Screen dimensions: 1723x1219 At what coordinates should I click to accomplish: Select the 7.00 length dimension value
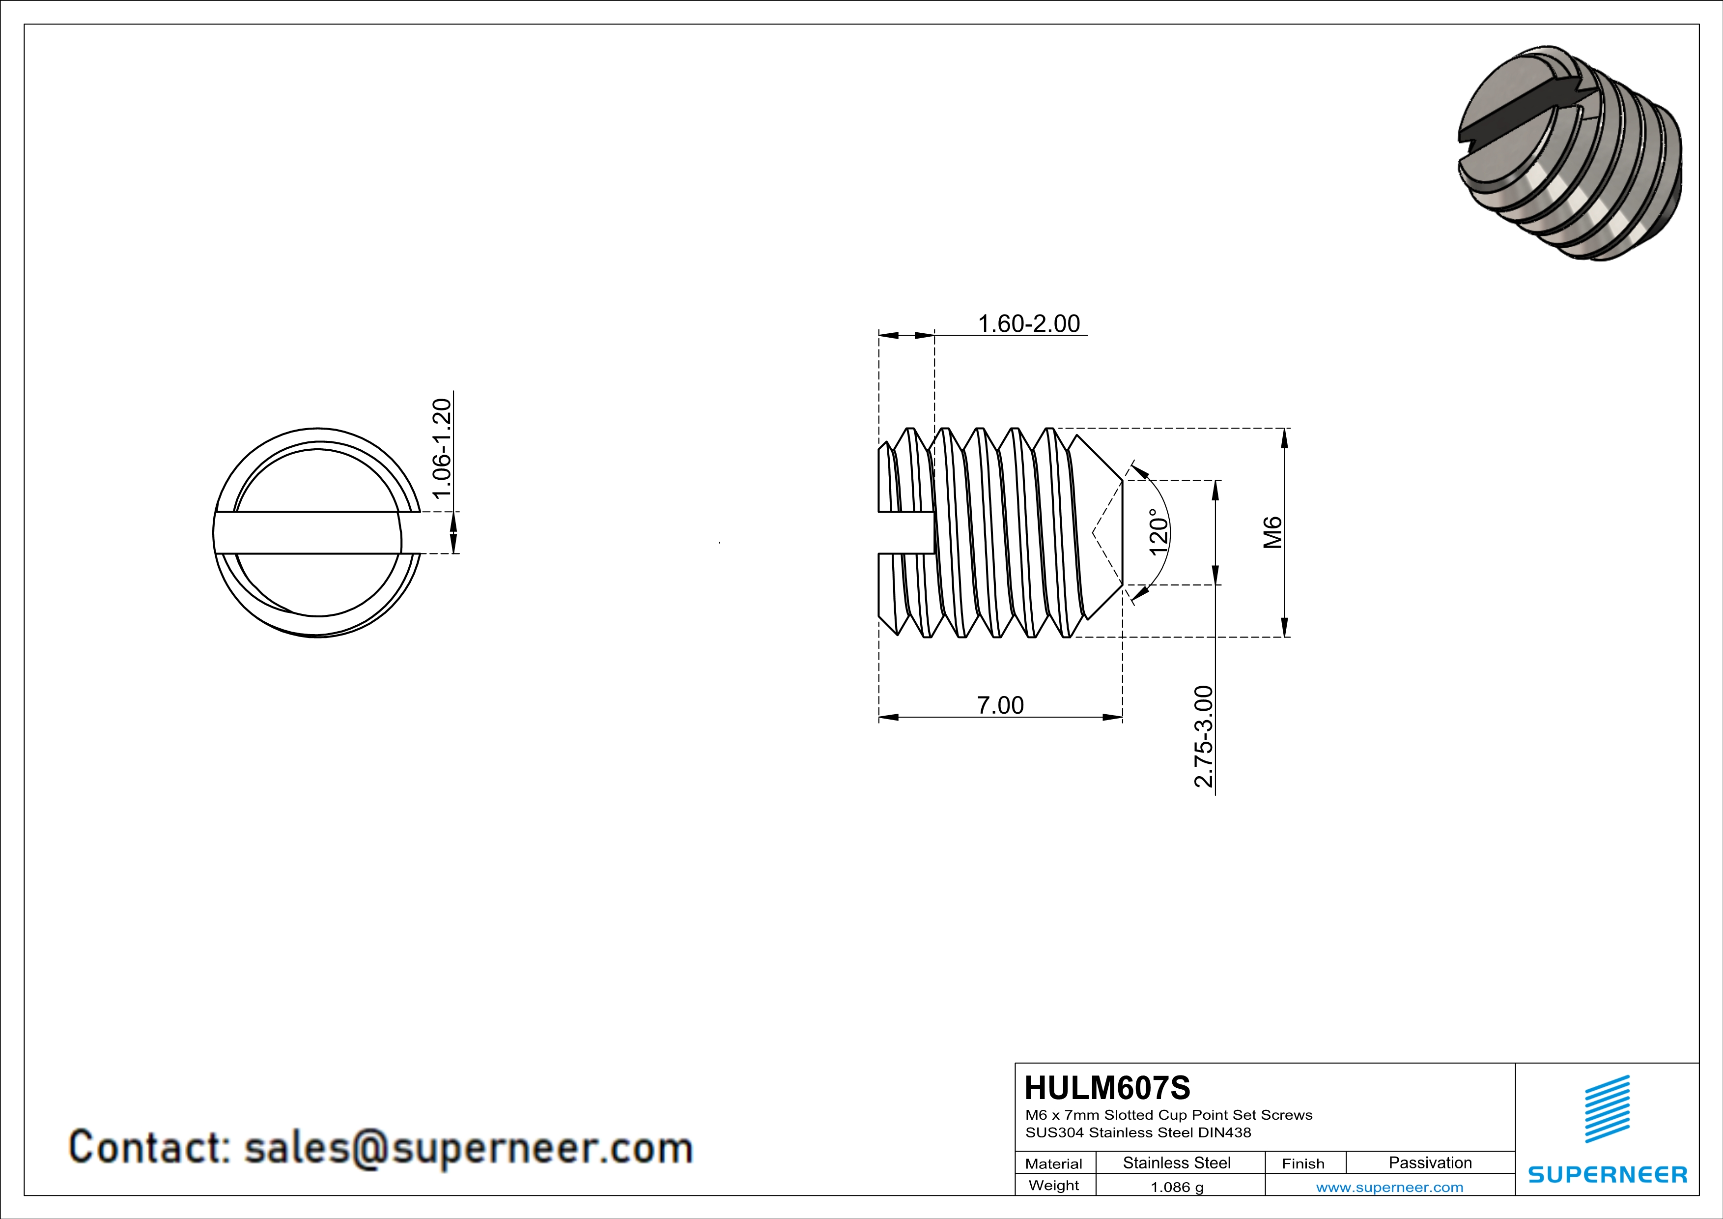(x=1000, y=705)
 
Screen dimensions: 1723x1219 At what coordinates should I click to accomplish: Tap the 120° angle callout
(x=1158, y=532)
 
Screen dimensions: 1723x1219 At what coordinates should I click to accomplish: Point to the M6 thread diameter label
(x=1272, y=532)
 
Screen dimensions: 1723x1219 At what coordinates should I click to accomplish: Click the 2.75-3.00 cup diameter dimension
(x=1203, y=736)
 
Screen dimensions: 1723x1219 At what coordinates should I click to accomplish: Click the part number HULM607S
(x=1107, y=1088)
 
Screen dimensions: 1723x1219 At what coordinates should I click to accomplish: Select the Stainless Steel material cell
(x=1177, y=1162)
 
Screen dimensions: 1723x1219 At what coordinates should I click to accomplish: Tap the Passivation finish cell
(x=1430, y=1162)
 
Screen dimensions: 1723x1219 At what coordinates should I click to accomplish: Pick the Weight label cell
(x=1054, y=1185)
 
